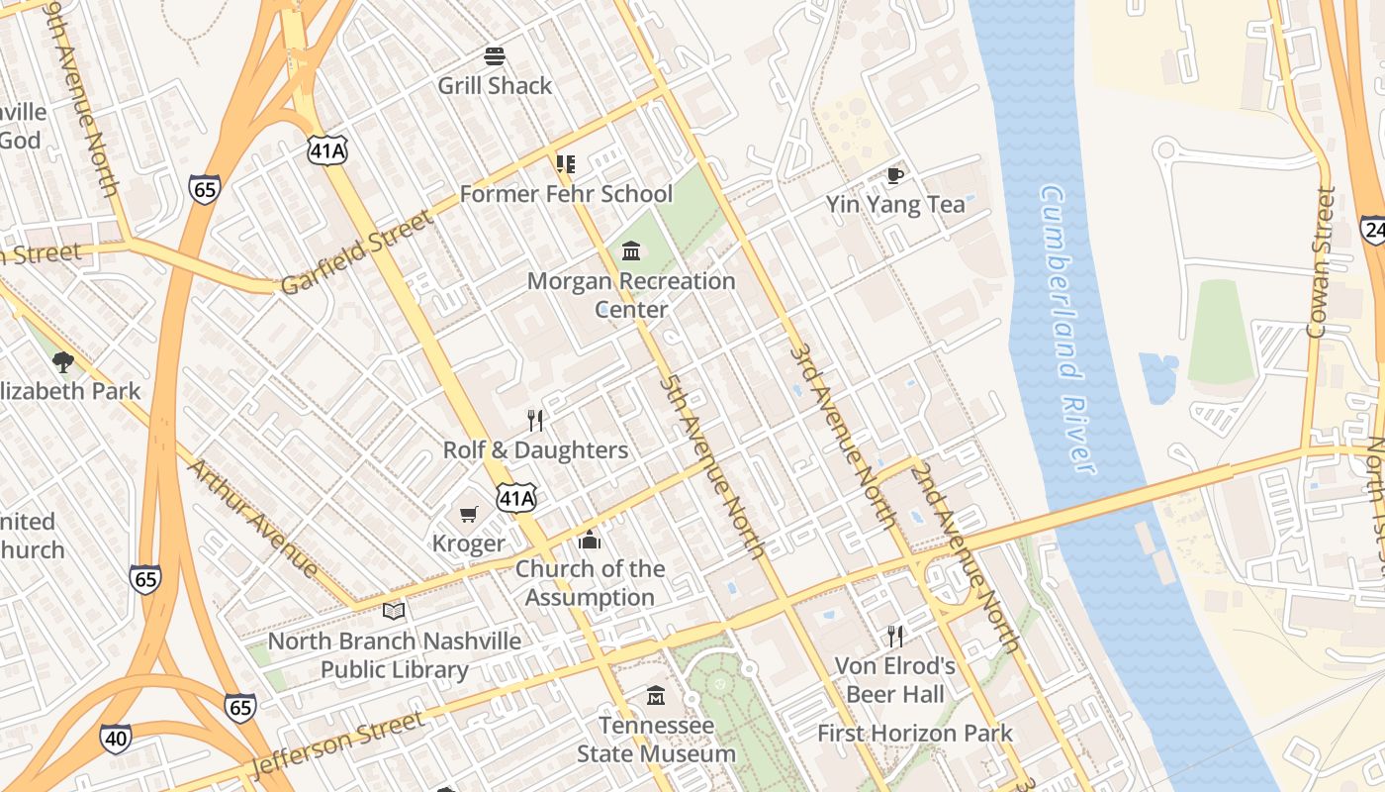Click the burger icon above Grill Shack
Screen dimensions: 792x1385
pyautogui.click(x=495, y=56)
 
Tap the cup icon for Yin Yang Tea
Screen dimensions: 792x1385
pyautogui.click(x=894, y=175)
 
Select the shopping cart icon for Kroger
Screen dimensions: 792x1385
pyautogui.click(x=469, y=514)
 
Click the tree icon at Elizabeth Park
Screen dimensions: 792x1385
pyautogui.click(x=63, y=361)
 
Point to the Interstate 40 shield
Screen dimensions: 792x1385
pyautogui.click(x=116, y=739)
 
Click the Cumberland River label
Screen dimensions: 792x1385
pyautogui.click(x=1068, y=329)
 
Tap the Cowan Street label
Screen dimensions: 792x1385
pyautogui.click(x=1322, y=262)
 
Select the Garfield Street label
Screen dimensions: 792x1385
pyautogui.click(x=357, y=251)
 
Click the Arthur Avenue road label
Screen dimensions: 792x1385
pyautogui.click(x=252, y=517)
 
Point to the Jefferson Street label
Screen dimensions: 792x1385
pyautogui.click(x=337, y=743)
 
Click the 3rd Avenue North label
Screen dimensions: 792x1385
pyautogui.click(x=843, y=437)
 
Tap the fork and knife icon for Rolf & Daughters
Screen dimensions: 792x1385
pyautogui.click(x=535, y=421)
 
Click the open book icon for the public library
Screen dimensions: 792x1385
pyautogui.click(x=394, y=611)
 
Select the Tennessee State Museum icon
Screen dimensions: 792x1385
pyautogui.click(x=656, y=696)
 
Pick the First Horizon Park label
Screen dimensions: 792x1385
pyautogui.click(x=915, y=734)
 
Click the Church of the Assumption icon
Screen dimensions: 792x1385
pyautogui.click(x=590, y=540)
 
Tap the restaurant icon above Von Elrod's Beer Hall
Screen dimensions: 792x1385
pyautogui.click(x=895, y=636)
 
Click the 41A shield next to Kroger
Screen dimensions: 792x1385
pyautogui.click(x=516, y=497)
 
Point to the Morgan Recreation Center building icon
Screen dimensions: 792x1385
pyautogui.click(x=631, y=251)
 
